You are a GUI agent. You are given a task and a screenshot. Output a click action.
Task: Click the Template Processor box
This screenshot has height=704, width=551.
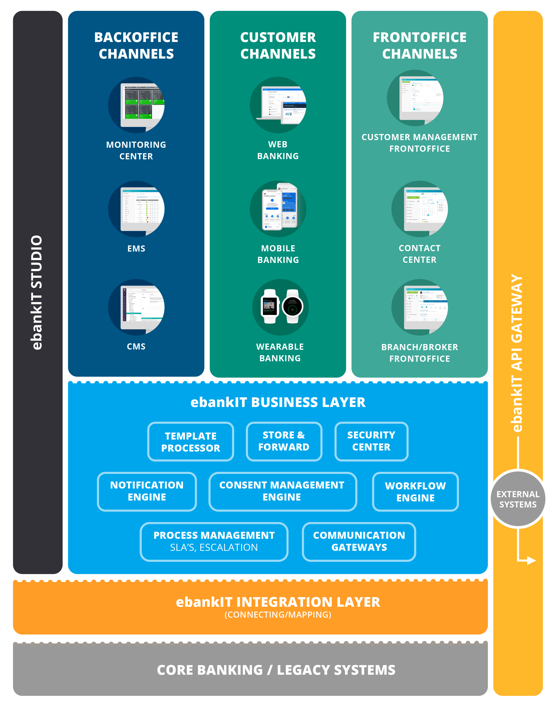click(x=190, y=441)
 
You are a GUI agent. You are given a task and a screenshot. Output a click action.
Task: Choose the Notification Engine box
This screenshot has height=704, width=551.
click(x=147, y=491)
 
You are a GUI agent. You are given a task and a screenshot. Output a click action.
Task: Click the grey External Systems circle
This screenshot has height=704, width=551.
click(x=518, y=499)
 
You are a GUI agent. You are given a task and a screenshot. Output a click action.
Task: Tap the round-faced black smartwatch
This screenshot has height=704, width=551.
click(x=292, y=306)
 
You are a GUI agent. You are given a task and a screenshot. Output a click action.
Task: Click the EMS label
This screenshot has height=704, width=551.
click(x=136, y=249)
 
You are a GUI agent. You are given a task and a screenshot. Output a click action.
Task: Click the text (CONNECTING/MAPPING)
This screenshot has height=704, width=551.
click(x=278, y=615)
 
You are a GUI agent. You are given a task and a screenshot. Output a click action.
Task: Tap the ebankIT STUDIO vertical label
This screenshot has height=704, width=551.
click(x=37, y=292)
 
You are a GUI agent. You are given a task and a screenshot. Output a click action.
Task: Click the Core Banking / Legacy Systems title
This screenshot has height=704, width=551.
click(x=276, y=670)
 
